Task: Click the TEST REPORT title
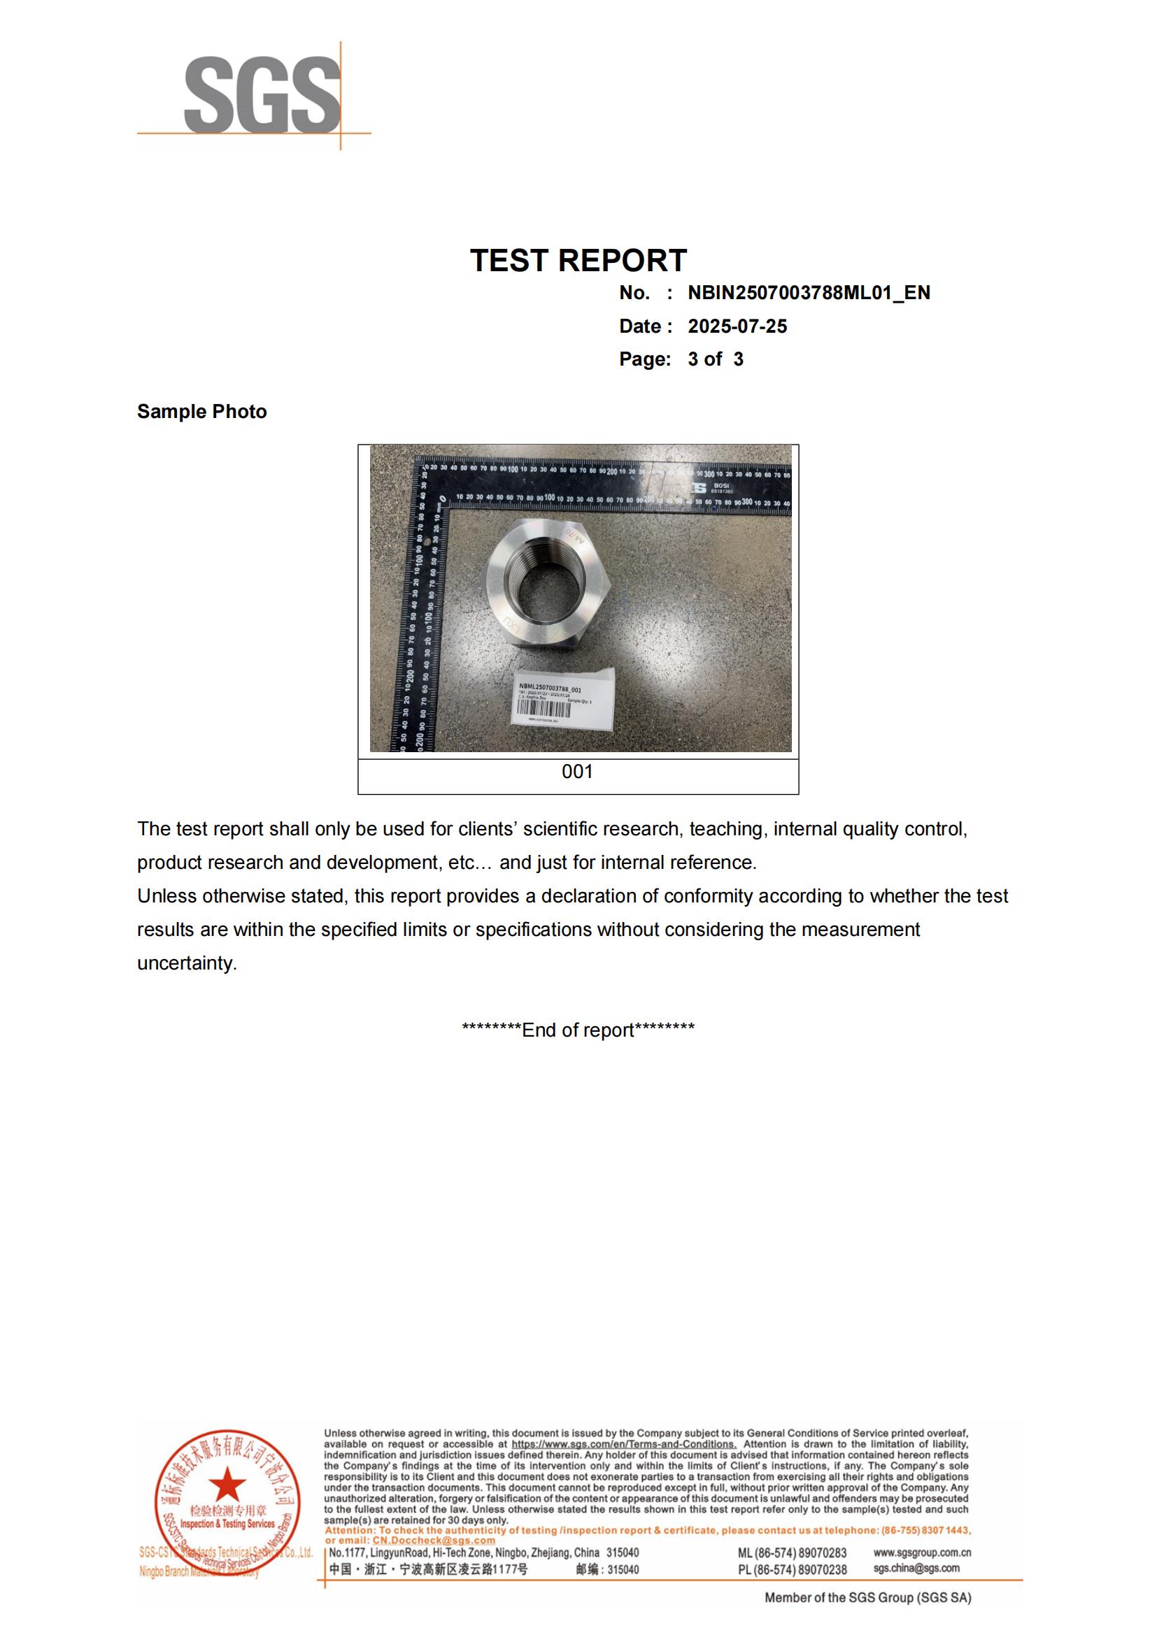(578, 261)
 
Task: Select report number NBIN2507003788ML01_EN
(809, 293)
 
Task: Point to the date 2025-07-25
(737, 326)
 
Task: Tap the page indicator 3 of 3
(716, 359)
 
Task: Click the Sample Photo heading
(201, 412)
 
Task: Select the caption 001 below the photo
(577, 772)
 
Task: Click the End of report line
(578, 1030)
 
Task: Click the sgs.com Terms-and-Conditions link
(623, 1444)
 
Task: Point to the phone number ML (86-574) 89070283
(792, 1553)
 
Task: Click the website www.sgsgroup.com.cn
(922, 1553)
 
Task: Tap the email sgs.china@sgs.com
(916, 1568)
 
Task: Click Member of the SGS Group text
(867, 1598)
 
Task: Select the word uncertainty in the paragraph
(186, 963)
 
